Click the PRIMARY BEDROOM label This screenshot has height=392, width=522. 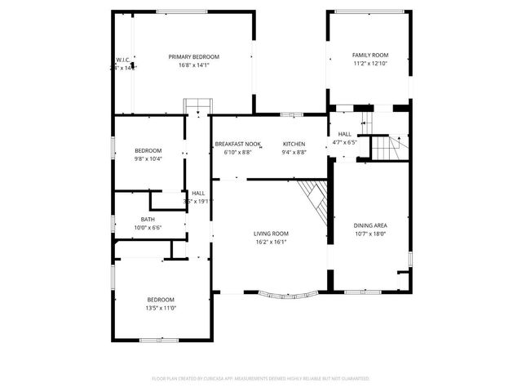(193, 56)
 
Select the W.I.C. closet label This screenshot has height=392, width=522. (123, 60)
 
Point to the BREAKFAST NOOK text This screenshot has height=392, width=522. (238, 144)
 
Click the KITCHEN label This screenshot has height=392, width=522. (294, 144)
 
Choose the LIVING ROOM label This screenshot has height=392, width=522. (271, 233)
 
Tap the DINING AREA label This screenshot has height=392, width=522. (369, 225)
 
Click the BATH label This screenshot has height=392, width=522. (148, 219)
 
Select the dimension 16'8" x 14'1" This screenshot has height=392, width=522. (193, 65)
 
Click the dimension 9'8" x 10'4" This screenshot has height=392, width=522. (148, 158)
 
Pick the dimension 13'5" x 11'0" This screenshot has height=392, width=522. (161, 308)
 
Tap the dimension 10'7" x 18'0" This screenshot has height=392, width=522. (369, 234)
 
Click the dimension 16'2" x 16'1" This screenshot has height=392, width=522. (271, 241)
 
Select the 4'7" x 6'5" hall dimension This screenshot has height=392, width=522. (345, 142)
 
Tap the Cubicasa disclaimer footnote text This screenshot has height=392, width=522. (261, 379)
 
